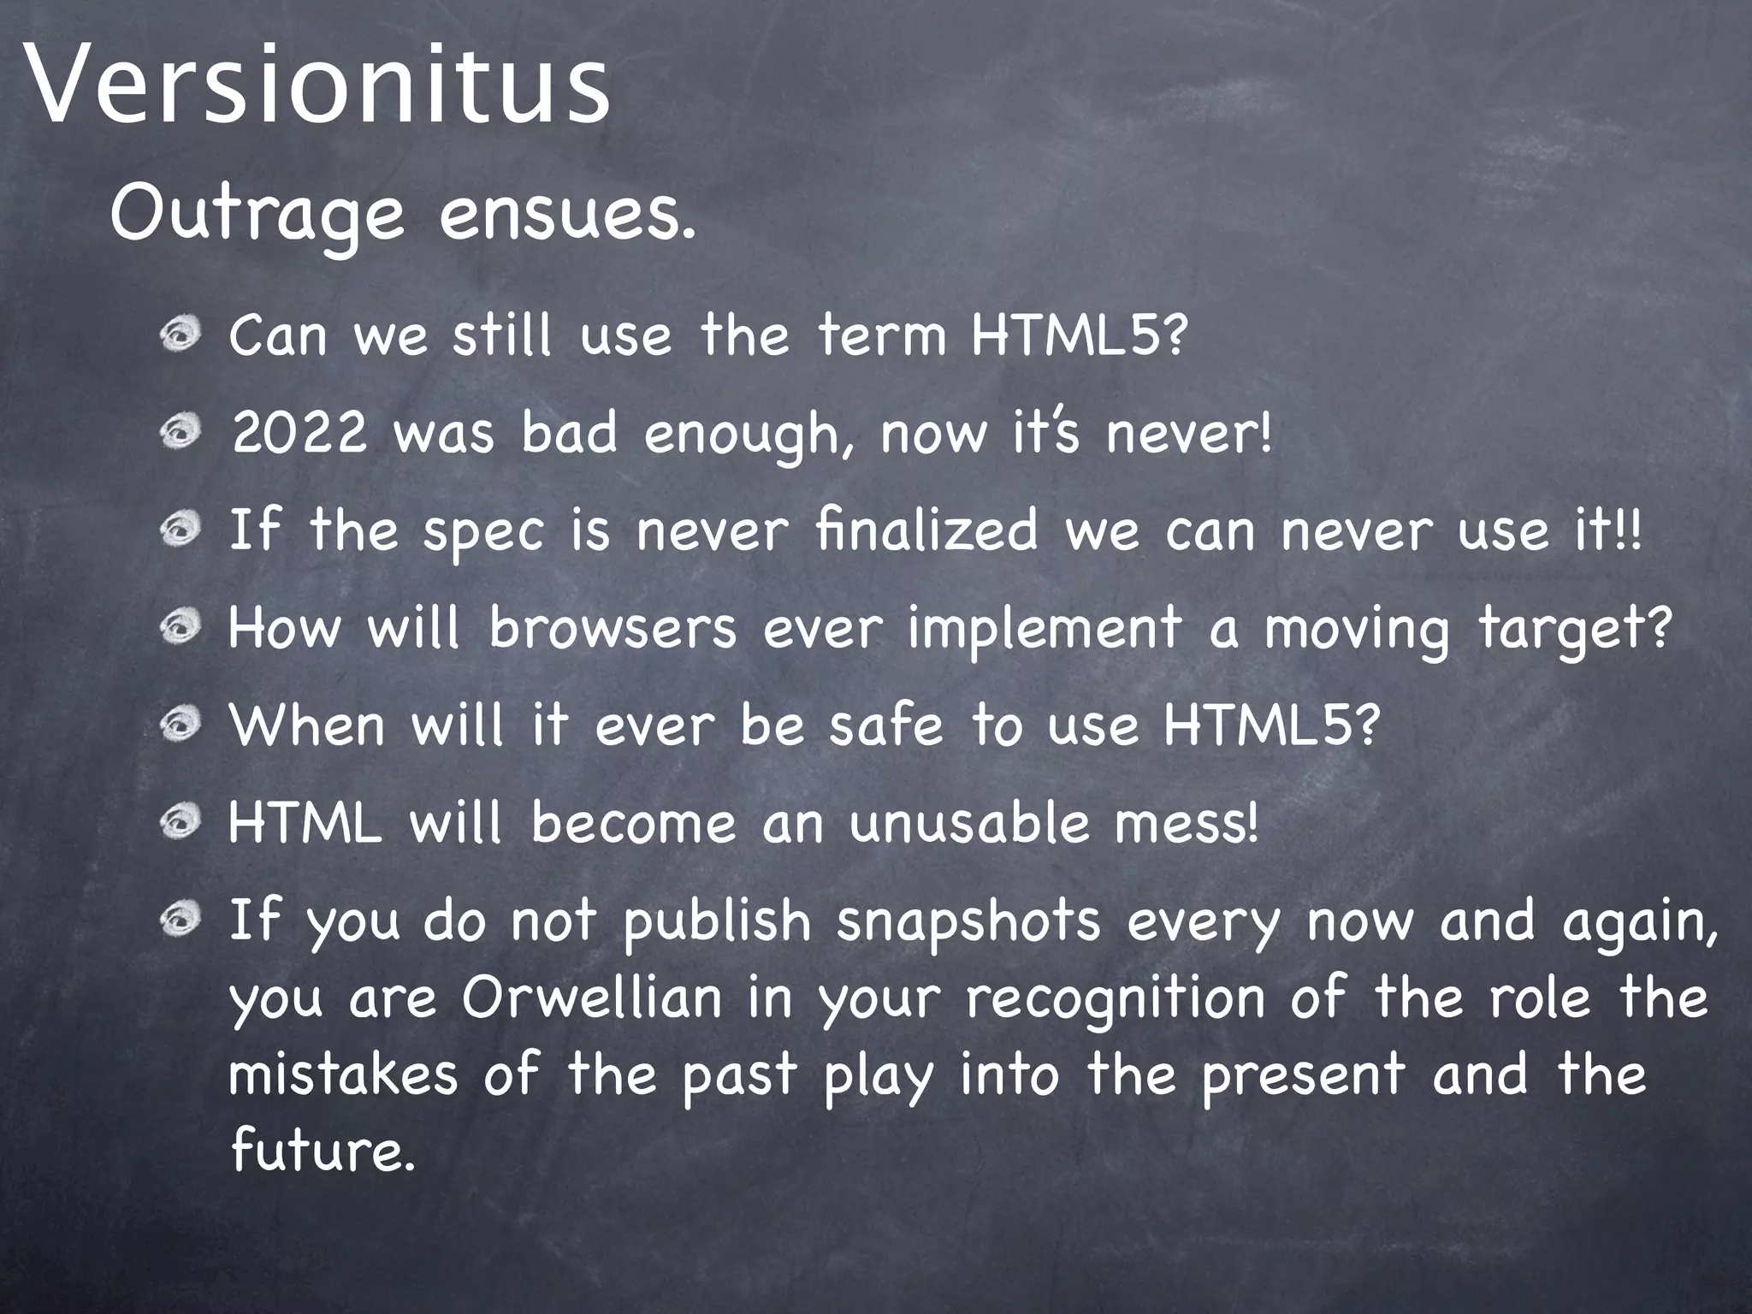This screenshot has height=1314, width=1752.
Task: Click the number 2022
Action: point(299,434)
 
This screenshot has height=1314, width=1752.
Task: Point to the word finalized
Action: point(926,530)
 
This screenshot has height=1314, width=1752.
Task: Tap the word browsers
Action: point(612,629)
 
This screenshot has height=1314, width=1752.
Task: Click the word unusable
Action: point(970,823)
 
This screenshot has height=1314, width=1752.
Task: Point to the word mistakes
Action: point(342,1074)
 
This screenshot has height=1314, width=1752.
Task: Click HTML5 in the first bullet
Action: point(1078,336)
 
